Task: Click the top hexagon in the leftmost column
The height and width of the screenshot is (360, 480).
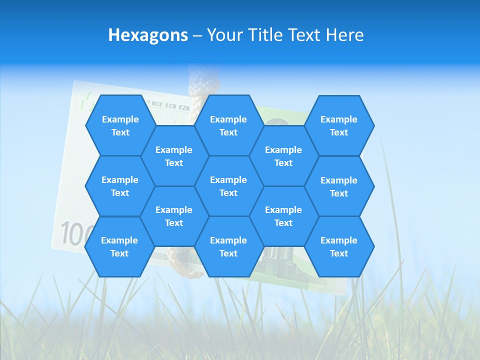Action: click(x=120, y=125)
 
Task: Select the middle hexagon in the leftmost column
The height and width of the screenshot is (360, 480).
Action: click(x=120, y=186)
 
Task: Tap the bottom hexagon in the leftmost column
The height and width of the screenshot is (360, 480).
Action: click(x=119, y=246)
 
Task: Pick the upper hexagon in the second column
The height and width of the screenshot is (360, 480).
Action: click(x=174, y=156)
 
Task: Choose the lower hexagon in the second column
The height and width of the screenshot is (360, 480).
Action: click(x=174, y=216)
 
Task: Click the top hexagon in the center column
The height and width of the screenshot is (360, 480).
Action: click(x=228, y=125)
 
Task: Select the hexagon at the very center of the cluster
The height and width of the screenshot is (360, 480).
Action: click(x=228, y=186)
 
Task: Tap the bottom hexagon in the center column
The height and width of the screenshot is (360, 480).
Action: click(x=228, y=246)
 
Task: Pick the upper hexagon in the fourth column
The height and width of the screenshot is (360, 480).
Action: click(x=283, y=156)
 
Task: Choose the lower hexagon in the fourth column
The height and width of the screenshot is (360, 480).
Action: click(x=283, y=216)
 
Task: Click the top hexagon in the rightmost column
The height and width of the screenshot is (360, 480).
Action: click(x=339, y=125)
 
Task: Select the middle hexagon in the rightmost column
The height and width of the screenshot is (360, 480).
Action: click(x=339, y=186)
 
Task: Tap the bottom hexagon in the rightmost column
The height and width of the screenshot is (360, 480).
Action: click(x=339, y=246)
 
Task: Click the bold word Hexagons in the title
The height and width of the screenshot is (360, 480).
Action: click(x=148, y=35)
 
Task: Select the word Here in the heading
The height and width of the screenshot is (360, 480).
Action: click(x=344, y=35)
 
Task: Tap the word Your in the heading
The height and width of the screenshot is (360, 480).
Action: click(x=224, y=35)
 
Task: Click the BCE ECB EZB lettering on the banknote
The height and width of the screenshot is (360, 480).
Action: click(x=170, y=106)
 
